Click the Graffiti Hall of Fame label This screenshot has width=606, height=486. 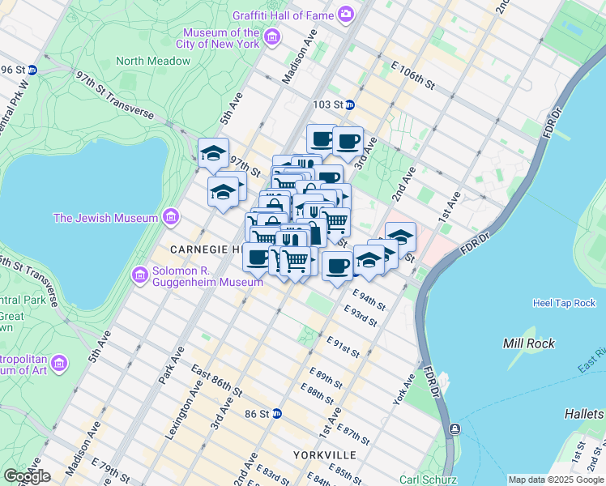pos(283,14)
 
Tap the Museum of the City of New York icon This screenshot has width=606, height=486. pos(271,37)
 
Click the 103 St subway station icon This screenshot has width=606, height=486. pos(349,104)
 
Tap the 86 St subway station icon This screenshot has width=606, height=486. pos(277,413)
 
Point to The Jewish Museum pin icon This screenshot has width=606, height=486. pos(170,217)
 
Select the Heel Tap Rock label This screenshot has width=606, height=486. pos(564,303)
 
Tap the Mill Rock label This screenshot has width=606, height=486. pos(528,343)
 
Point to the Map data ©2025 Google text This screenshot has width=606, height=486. pos(555,480)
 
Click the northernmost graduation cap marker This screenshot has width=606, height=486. pos(214,152)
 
